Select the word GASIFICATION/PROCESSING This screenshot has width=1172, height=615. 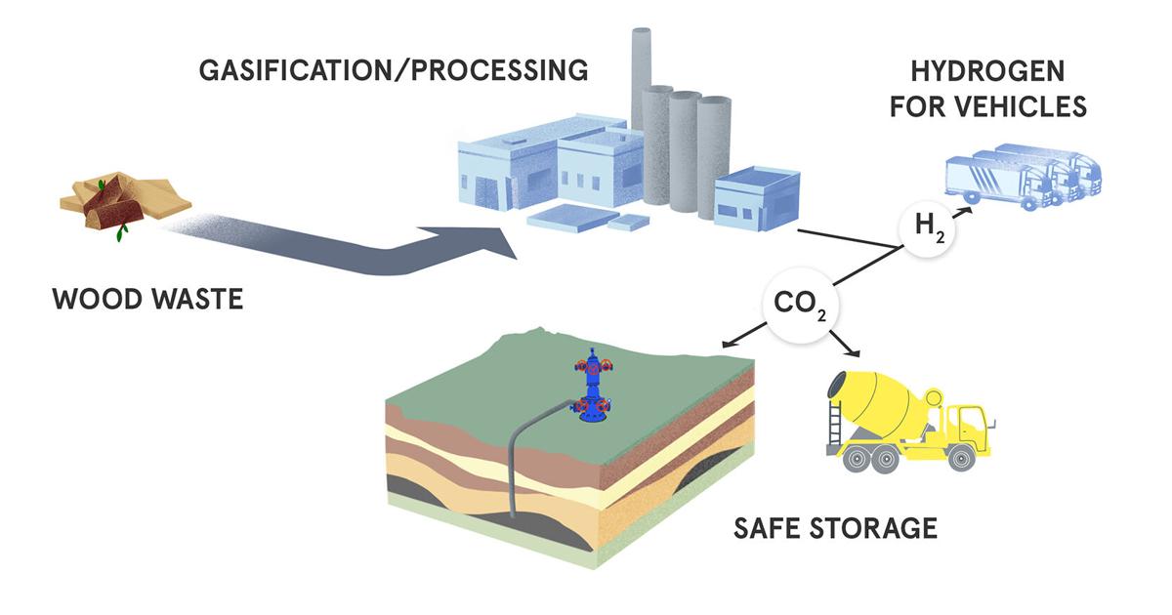point(394,70)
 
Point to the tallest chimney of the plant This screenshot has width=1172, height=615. point(641,78)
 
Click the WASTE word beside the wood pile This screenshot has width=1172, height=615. point(195,298)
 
